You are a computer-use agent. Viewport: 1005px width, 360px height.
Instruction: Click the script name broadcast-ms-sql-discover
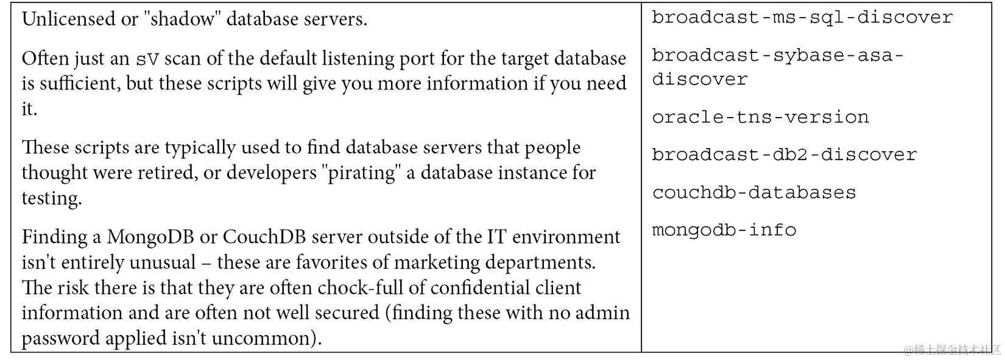(802, 17)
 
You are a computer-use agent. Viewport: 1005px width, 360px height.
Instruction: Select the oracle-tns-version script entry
(760, 117)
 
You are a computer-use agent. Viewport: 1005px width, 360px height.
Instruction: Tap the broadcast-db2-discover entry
(784, 155)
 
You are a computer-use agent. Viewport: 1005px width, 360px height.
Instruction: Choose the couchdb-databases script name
(754, 192)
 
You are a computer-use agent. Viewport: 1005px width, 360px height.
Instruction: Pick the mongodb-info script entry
(724, 230)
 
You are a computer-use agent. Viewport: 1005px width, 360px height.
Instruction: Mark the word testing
(51, 199)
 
